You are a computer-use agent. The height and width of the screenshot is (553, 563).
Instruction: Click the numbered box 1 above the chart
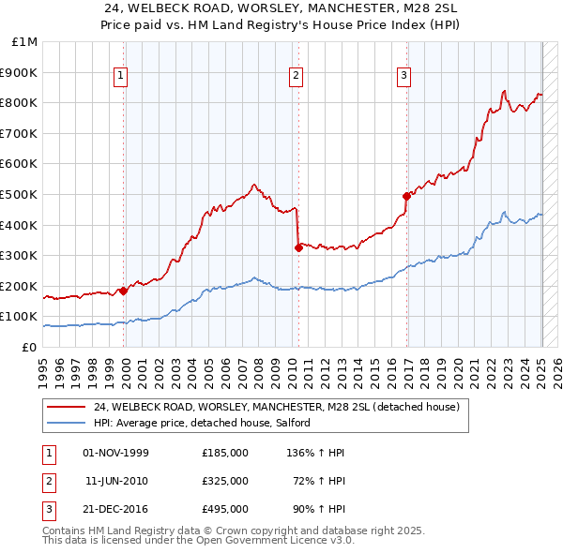click(x=122, y=77)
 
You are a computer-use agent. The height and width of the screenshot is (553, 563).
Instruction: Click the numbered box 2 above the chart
click(x=296, y=77)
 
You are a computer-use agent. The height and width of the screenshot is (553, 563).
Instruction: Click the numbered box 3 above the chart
click(x=403, y=77)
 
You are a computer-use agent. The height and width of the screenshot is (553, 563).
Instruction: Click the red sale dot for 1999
click(x=123, y=291)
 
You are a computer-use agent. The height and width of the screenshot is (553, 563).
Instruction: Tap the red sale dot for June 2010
click(x=298, y=247)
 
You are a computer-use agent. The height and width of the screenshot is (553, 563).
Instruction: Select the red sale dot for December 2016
click(x=406, y=196)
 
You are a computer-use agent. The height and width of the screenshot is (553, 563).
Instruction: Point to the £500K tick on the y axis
click(x=21, y=194)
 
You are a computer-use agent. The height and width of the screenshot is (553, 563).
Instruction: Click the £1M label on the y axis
click(x=25, y=41)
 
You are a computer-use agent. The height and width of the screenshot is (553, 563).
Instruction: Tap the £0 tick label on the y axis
click(x=30, y=347)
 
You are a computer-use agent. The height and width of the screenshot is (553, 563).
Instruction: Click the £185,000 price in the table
click(x=225, y=453)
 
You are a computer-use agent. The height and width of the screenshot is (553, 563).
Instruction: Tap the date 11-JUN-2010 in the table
click(x=116, y=481)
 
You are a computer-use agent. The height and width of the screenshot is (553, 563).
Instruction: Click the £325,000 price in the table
click(x=225, y=481)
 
